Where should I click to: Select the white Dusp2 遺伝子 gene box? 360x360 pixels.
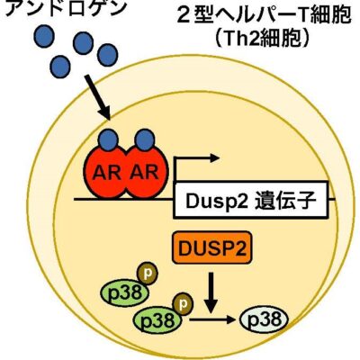(250, 200)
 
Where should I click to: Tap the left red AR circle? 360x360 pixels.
(106, 172)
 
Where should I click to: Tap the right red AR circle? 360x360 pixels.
(145, 172)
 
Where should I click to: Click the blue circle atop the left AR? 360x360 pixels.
(109, 139)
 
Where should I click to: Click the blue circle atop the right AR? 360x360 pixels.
(145, 139)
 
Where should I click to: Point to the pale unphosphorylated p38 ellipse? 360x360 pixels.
(265, 319)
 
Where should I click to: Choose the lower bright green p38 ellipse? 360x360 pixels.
(158, 320)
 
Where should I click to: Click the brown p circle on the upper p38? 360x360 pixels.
(147, 274)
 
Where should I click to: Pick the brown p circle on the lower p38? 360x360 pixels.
(183, 304)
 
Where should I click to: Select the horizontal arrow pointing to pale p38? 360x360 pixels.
(211, 319)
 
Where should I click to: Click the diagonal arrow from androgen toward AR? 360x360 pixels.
(97, 97)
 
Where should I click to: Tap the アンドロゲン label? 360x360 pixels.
(64, 7)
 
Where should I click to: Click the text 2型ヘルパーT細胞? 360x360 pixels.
(264, 16)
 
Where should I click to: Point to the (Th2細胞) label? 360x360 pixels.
(263, 39)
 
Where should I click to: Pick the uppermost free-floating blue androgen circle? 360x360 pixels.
(44, 37)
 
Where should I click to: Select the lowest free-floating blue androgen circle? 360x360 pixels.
(60, 66)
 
